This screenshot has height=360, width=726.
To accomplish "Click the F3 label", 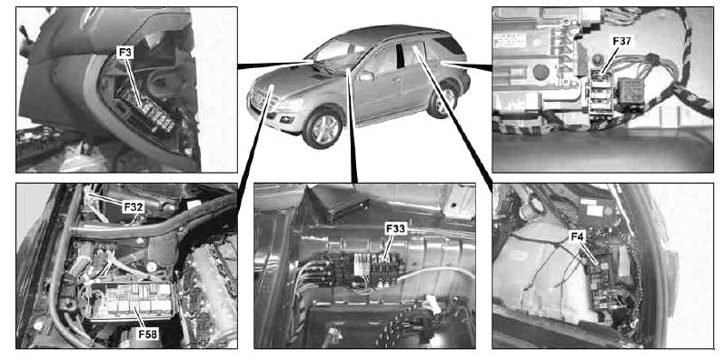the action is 124,53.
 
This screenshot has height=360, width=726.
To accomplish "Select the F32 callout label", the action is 134,207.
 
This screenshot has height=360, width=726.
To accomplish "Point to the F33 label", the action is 395,228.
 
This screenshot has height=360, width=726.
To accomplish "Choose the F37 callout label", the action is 622,41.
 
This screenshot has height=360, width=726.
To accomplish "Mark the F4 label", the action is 578,237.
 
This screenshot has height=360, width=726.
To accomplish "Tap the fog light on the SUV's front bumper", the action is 287,119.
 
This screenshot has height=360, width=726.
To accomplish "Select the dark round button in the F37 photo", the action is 541,73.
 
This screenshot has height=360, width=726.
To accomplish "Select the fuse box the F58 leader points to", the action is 131,301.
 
